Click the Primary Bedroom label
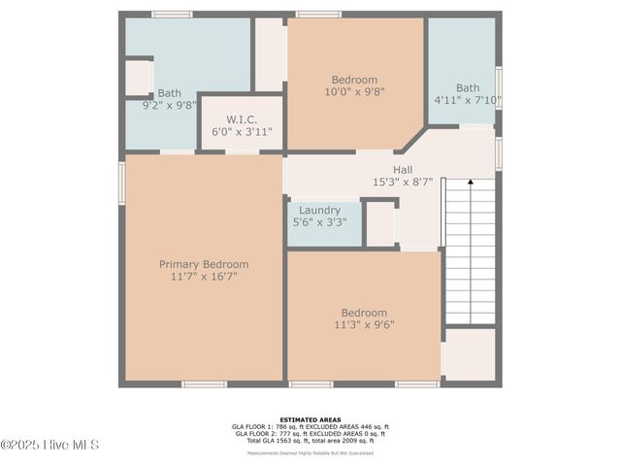click(204, 264)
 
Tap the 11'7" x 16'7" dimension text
click(204, 277)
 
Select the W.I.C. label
click(242, 118)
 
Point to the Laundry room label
click(319, 210)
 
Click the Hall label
click(403, 169)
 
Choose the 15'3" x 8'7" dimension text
click(403, 182)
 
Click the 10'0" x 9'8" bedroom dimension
click(354, 92)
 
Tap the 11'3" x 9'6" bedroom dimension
click(364, 325)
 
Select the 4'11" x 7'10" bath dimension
click(468, 99)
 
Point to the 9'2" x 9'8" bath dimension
click(170, 105)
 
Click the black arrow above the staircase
click(471, 181)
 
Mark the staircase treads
click(471, 252)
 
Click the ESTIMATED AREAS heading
click(310, 418)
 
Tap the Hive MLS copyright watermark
click(50, 446)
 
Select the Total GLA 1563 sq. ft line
click(310, 441)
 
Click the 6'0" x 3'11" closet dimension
click(242, 131)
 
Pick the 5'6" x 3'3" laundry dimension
click(319, 222)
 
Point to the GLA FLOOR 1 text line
click(310, 426)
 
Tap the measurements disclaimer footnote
click(310, 452)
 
